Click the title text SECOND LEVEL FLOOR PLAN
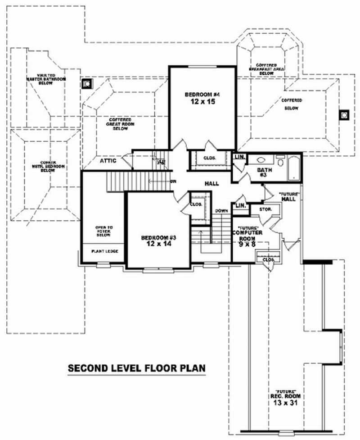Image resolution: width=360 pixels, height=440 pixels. (136, 368)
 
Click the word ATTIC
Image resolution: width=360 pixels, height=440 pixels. (108, 161)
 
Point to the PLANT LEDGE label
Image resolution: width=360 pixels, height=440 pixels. (104, 251)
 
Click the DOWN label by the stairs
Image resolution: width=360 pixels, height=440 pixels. (221, 210)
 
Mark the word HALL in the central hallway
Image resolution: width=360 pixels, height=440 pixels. (211, 184)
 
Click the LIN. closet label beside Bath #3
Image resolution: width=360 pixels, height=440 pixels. (239, 157)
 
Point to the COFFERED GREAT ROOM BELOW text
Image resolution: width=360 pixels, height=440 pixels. (119, 124)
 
